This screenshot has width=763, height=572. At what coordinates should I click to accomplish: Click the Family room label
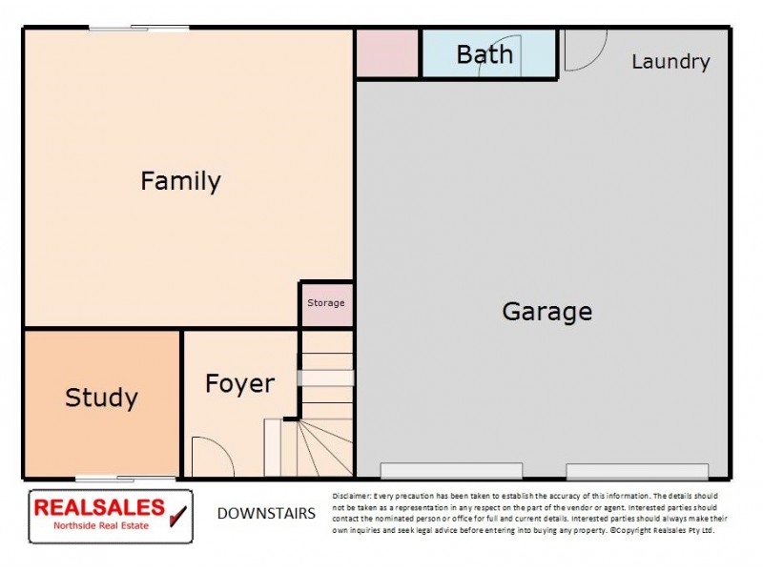pyautogui.click(x=180, y=181)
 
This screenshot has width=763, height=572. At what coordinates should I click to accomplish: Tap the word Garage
pyautogui.click(x=546, y=312)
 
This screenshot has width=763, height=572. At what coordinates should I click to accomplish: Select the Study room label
pyautogui.click(x=101, y=398)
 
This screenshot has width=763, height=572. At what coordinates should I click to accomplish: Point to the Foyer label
pyautogui.click(x=239, y=384)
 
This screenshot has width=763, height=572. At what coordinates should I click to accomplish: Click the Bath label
pyautogui.click(x=485, y=54)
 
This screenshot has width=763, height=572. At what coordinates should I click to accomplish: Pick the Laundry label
pyautogui.click(x=670, y=62)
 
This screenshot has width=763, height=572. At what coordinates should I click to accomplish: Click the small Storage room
pyautogui.click(x=326, y=304)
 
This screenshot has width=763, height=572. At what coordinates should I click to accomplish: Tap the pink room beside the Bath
pyautogui.click(x=387, y=53)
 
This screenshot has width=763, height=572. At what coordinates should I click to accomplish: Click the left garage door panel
pyautogui.click(x=451, y=471)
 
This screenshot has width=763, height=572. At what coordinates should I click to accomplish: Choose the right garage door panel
pyautogui.click(x=637, y=471)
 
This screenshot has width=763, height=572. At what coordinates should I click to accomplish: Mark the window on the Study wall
pyautogui.click(x=126, y=478)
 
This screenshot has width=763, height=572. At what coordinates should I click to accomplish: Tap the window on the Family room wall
pyautogui.click(x=139, y=28)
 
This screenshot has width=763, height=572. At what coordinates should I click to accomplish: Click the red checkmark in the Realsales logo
pyautogui.click(x=177, y=516)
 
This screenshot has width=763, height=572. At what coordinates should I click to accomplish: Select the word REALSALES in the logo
pyautogui.click(x=98, y=507)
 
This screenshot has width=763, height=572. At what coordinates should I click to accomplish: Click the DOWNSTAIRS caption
pyautogui.click(x=266, y=514)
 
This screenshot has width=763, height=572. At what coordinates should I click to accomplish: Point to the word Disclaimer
pyautogui.click(x=353, y=497)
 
